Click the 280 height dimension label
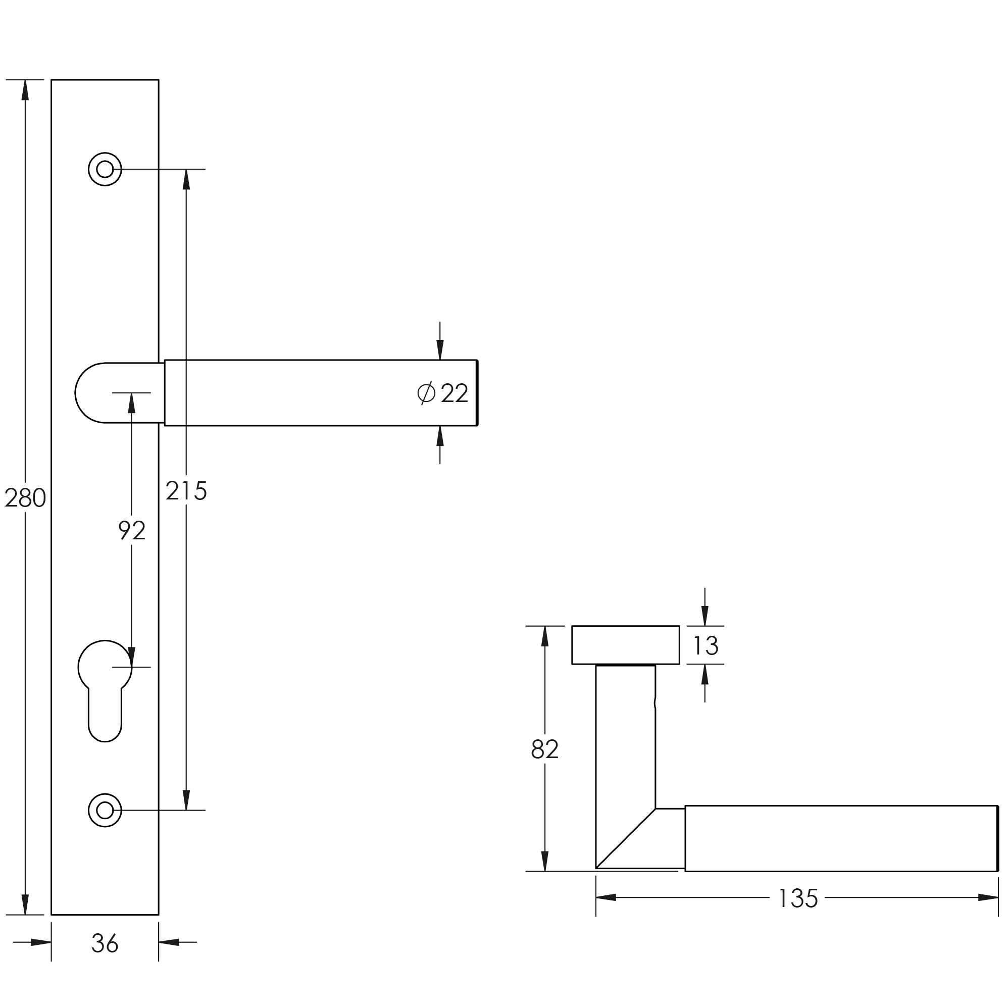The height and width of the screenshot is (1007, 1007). pyautogui.click(x=25, y=498)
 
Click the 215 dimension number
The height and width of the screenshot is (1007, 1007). pyautogui.click(x=186, y=491)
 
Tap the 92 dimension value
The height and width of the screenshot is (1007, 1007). pyautogui.click(x=131, y=531)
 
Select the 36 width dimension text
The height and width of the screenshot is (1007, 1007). pyautogui.click(x=105, y=943)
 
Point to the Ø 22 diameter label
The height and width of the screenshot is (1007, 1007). pyautogui.click(x=442, y=393)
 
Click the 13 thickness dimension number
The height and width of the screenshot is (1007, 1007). pyautogui.click(x=706, y=646)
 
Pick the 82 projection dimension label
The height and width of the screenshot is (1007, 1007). pyautogui.click(x=545, y=749)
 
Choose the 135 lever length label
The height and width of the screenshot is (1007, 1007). pyautogui.click(x=797, y=898)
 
